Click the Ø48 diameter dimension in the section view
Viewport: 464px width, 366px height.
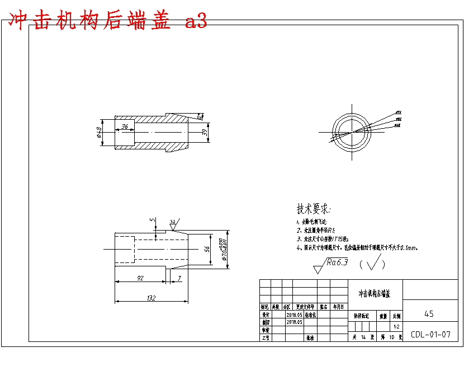[99, 133]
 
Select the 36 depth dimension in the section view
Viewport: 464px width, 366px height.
[125, 127]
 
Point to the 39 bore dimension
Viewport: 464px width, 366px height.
[205, 132]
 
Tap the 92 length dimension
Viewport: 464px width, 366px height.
[140, 278]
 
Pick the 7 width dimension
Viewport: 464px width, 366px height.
[179, 278]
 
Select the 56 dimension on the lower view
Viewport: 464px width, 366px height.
[207, 248]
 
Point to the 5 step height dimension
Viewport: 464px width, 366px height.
[152, 220]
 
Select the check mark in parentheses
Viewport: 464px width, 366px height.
[375, 262]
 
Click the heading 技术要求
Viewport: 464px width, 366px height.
[313, 210]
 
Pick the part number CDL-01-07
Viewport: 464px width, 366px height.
[430, 335]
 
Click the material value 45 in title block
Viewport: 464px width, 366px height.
[429, 314]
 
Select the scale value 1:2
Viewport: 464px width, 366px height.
[396, 326]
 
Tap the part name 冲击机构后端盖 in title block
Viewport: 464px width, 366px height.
[375, 293]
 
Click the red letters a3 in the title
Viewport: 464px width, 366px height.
[196, 21]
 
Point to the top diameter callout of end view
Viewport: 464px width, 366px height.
[399, 112]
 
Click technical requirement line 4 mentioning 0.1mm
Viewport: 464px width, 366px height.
[358, 247]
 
